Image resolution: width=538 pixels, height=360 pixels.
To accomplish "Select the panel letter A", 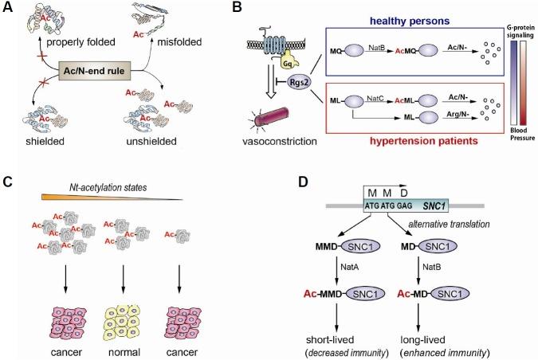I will [8, 8].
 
